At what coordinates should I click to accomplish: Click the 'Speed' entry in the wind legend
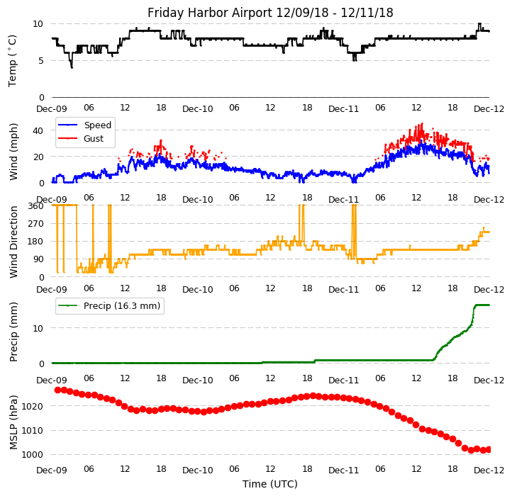[x=97, y=125]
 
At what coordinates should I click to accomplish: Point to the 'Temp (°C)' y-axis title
[x=13, y=60]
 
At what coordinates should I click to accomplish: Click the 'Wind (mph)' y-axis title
[x=13, y=151]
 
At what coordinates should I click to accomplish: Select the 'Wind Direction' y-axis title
[x=13, y=241]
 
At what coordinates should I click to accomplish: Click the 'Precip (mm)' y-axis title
[x=13, y=332]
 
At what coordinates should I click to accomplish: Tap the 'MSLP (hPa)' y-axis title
[x=13, y=422]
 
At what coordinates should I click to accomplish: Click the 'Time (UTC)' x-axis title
[x=270, y=485]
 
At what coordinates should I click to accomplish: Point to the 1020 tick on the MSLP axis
[x=33, y=407]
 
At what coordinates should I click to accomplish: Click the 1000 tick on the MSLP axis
[x=33, y=455]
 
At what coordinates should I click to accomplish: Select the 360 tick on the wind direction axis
[x=36, y=206]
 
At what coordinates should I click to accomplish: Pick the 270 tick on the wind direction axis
[x=36, y=224]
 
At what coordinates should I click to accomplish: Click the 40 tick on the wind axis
[x=39, y=130]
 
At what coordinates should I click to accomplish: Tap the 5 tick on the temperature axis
[x=41, y=61]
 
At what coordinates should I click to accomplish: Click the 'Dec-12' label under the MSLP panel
[x=489, y=470]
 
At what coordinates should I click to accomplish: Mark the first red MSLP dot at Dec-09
[x=57, y=390]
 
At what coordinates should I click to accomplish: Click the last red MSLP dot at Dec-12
[x=489, y=449]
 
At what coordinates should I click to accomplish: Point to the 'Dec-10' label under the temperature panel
[x=198, y=108]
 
